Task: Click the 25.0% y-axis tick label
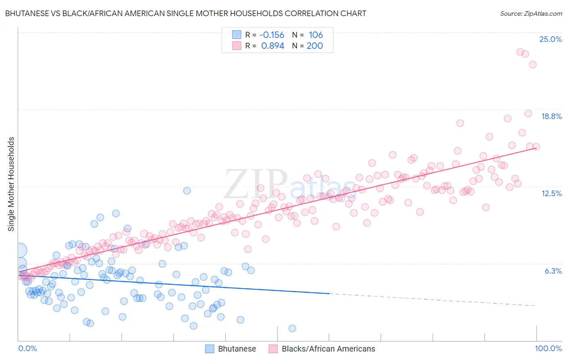point(550,39)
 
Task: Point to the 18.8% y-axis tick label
point(551,116)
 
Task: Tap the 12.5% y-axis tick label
point(551,193)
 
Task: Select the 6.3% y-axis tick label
point(553,271)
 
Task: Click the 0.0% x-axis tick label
point(27,348)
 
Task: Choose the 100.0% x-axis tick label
point(548,348)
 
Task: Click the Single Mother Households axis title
point(11,184)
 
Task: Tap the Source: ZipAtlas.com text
point(531,13)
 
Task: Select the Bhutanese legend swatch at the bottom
point(210,349)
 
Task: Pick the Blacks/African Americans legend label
point(328,349)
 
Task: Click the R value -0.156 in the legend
point(272,35)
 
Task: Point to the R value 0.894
point(273,46)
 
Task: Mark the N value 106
point(316,35)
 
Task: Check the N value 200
point(315,46)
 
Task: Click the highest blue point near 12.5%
point(187,190)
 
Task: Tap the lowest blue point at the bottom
point(292,329)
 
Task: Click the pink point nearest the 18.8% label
point(528,113)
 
